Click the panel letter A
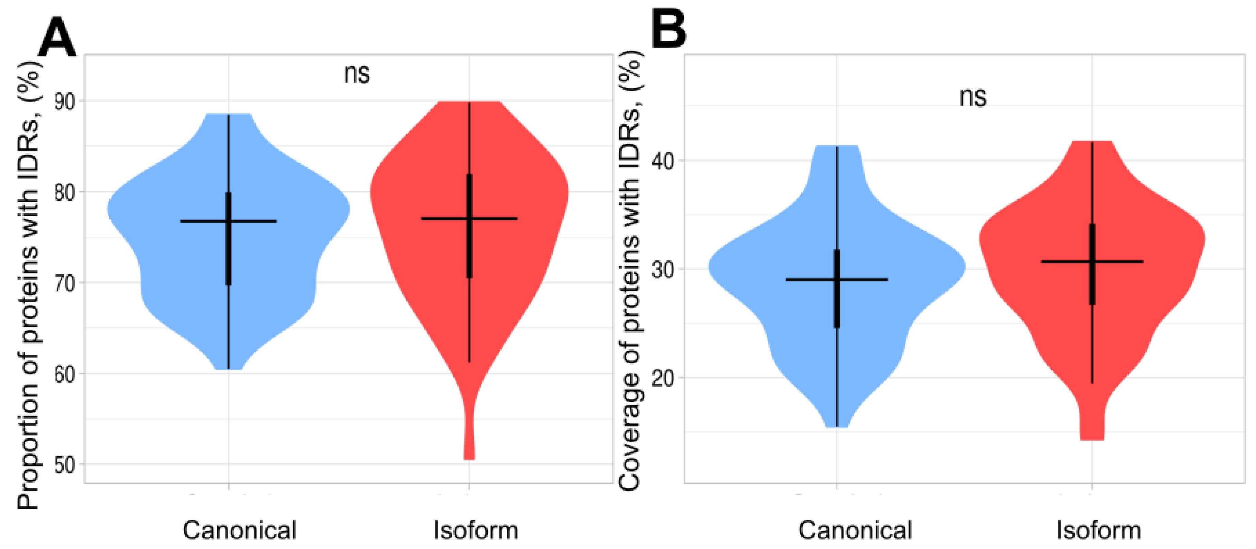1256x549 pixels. (57, 37)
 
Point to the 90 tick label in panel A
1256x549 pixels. (65, 102)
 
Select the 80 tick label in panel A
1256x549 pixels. (65, 192)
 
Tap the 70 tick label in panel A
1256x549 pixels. (65, 283)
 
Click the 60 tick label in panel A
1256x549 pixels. (65, 374)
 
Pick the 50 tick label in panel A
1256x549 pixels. (65, 464)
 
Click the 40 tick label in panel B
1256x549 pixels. (663, 161)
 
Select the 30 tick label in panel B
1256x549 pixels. (663, 269)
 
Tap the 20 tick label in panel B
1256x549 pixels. (663, 378)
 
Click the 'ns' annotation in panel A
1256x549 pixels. (357, 75)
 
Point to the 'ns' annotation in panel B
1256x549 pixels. (973, 97)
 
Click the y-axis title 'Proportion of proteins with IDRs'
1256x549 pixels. (28, 286)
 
